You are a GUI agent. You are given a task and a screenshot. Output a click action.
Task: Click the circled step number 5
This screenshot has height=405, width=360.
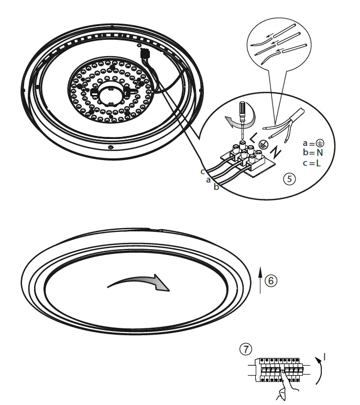point(289,179)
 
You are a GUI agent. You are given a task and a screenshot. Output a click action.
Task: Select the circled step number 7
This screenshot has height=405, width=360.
point(245,348)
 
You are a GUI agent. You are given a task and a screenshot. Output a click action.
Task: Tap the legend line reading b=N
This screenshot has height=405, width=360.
point(314,153)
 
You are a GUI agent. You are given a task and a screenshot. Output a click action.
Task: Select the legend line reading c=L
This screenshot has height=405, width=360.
point(314,163)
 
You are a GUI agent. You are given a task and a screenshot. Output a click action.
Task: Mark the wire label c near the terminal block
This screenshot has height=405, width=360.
point(202,172)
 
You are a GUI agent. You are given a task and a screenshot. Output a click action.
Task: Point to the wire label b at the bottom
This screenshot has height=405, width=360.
point(216,187)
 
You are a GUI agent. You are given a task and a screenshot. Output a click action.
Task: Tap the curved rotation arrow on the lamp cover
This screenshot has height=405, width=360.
point(139,282)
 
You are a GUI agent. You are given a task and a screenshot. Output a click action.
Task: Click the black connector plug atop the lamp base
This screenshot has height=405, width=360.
point(145,53)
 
